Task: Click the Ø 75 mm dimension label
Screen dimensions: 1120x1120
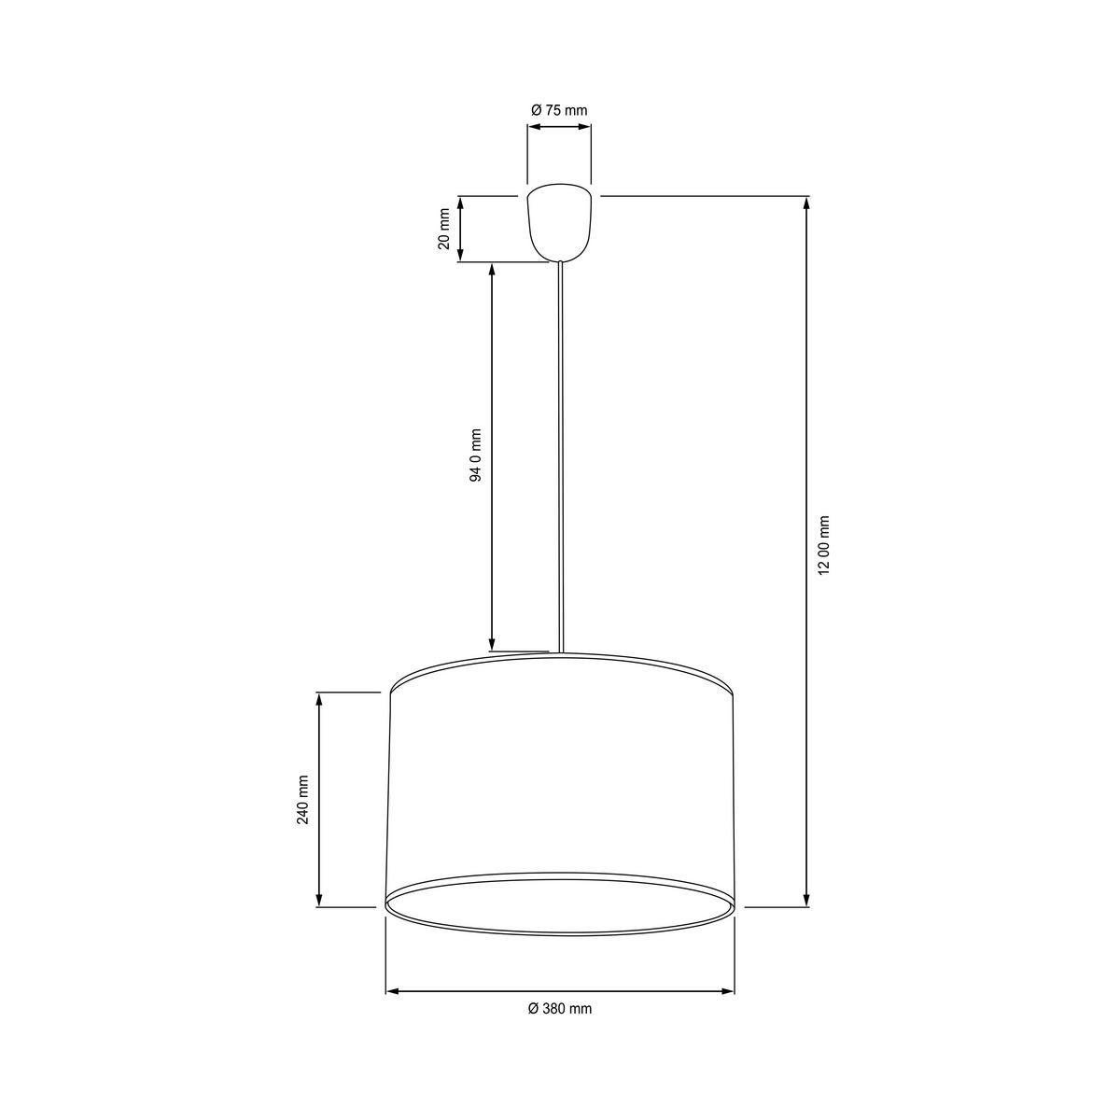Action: [559, 110]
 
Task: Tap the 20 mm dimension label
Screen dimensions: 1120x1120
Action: [445, 229]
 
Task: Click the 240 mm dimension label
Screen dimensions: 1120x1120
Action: [301, 800]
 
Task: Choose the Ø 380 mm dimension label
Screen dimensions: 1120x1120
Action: [559, 1009]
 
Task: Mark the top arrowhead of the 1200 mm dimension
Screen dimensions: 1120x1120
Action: [807, 203]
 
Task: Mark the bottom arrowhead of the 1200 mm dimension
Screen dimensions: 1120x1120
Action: [807, 900]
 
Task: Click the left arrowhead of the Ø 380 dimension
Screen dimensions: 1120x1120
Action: [393, 991]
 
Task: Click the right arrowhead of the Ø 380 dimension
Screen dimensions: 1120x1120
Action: [727, 991]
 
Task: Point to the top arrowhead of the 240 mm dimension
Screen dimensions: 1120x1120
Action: [320, 699]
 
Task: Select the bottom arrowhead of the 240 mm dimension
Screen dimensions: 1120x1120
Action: [320, 900]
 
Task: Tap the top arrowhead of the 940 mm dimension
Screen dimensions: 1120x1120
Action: [492, 270]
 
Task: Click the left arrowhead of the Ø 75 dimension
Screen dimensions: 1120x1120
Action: [533, 131]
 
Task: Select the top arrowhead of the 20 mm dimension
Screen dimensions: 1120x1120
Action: [460, 203]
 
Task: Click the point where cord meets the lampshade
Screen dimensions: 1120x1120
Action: [560, 651]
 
